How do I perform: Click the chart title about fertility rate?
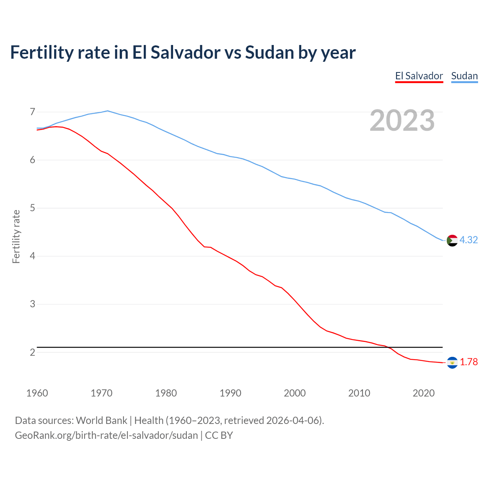(183, 52)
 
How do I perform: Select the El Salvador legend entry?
(419, 76)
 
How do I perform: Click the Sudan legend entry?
(464, 76)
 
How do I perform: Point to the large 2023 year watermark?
(402, 120)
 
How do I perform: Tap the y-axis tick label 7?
(32, 112)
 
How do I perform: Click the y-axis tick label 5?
(32, 208)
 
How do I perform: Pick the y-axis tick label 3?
(32, 304)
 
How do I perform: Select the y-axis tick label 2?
(32, 352)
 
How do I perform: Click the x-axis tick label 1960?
(37, 393)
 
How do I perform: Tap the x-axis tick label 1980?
(166, 393)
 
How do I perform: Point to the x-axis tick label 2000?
(295, 393)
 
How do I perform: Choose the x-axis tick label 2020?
(424, 393)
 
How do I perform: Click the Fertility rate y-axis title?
(16, 236)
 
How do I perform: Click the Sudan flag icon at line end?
(452, 241)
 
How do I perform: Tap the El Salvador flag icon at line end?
(452, 363)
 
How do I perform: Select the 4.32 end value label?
(469, 240)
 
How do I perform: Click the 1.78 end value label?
(469, 362)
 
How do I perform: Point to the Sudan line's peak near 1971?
(108, 111)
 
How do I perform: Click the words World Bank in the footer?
(101, 421)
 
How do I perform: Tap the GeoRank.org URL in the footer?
(106, 435)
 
